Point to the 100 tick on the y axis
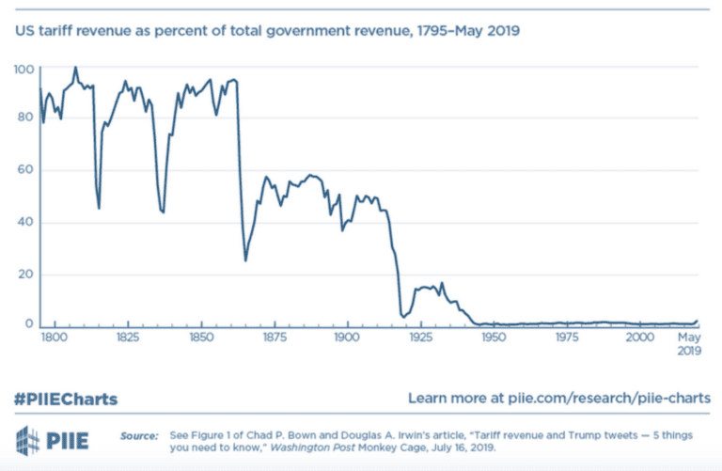pos(24,70)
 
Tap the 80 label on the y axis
pos(24,120)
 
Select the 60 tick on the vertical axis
pos(24,171)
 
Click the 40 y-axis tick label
pos(24,223)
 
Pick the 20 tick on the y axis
pos(24,275)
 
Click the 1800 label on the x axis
pos(53,337)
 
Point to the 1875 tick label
pos(273,337)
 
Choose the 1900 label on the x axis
pos(346,337)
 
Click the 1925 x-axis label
pos(419,337)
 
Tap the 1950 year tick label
pos(493,337)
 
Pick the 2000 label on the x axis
pos(639,337)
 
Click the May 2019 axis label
pos(691,343)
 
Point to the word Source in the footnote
pos(138,435)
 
